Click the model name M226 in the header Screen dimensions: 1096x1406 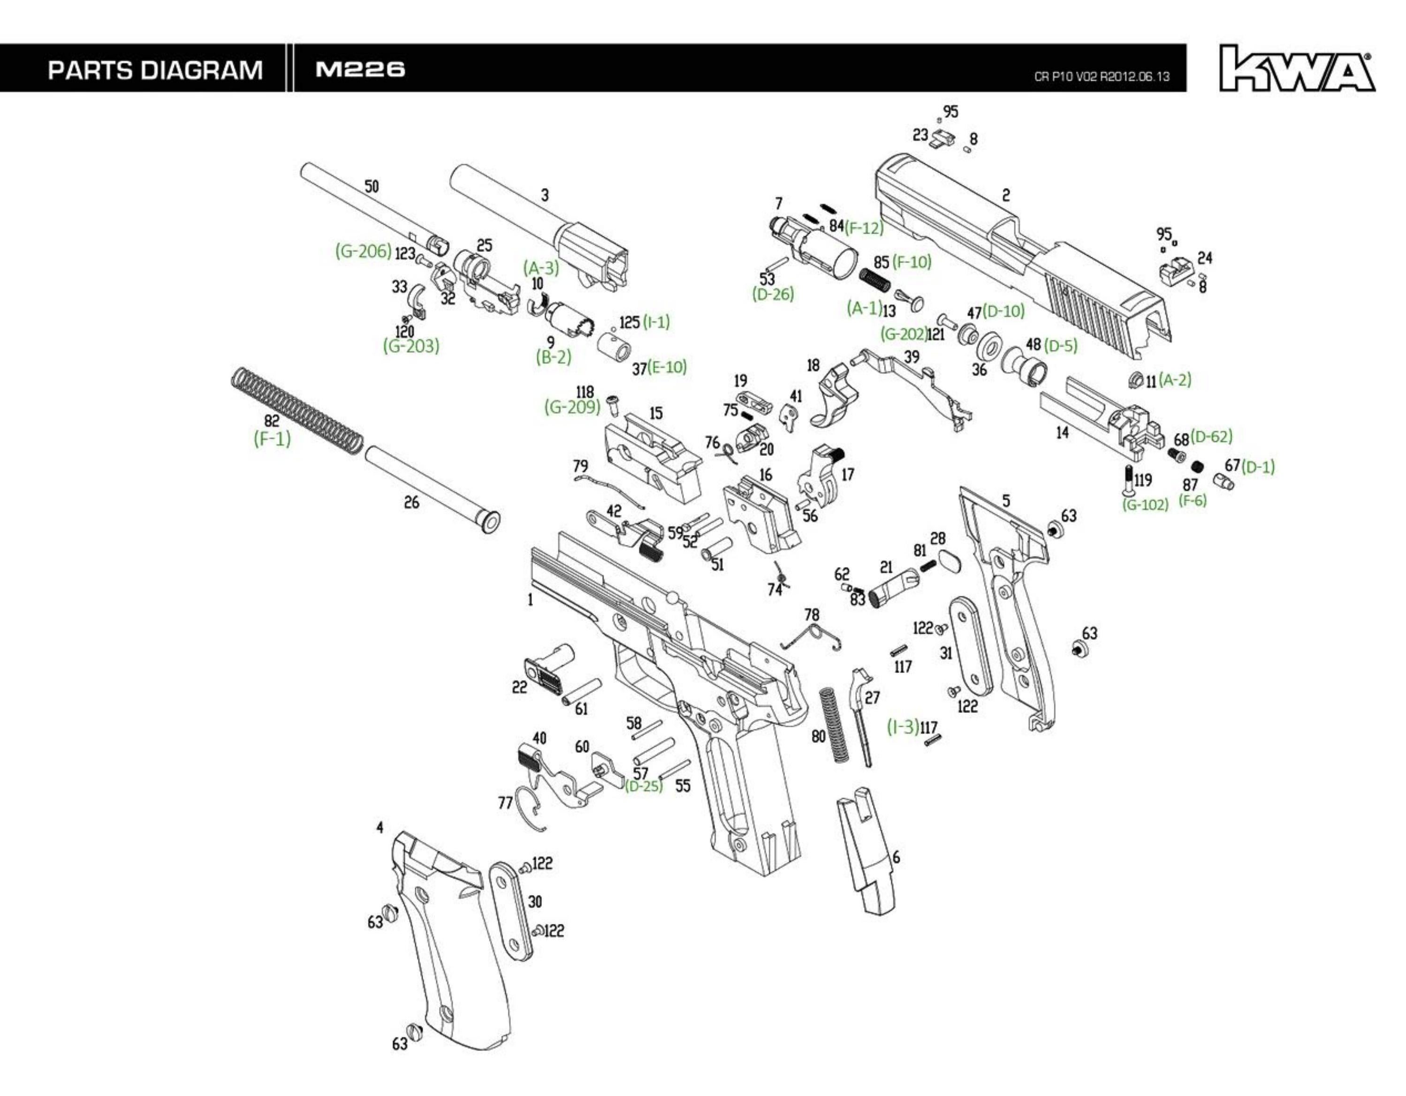[360, 69]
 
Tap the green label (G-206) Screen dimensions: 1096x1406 [363, 251]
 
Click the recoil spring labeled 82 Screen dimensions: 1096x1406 [296, 409]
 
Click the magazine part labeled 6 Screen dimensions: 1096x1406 [866, 849]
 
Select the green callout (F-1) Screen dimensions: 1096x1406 [272, 439]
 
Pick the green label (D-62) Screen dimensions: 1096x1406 [1211, 436]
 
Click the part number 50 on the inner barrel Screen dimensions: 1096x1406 [372, 187]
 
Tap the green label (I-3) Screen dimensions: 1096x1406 [903, 726]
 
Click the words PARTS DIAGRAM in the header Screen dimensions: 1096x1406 [154, 69]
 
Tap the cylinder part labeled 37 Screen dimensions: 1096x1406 [614, 348]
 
